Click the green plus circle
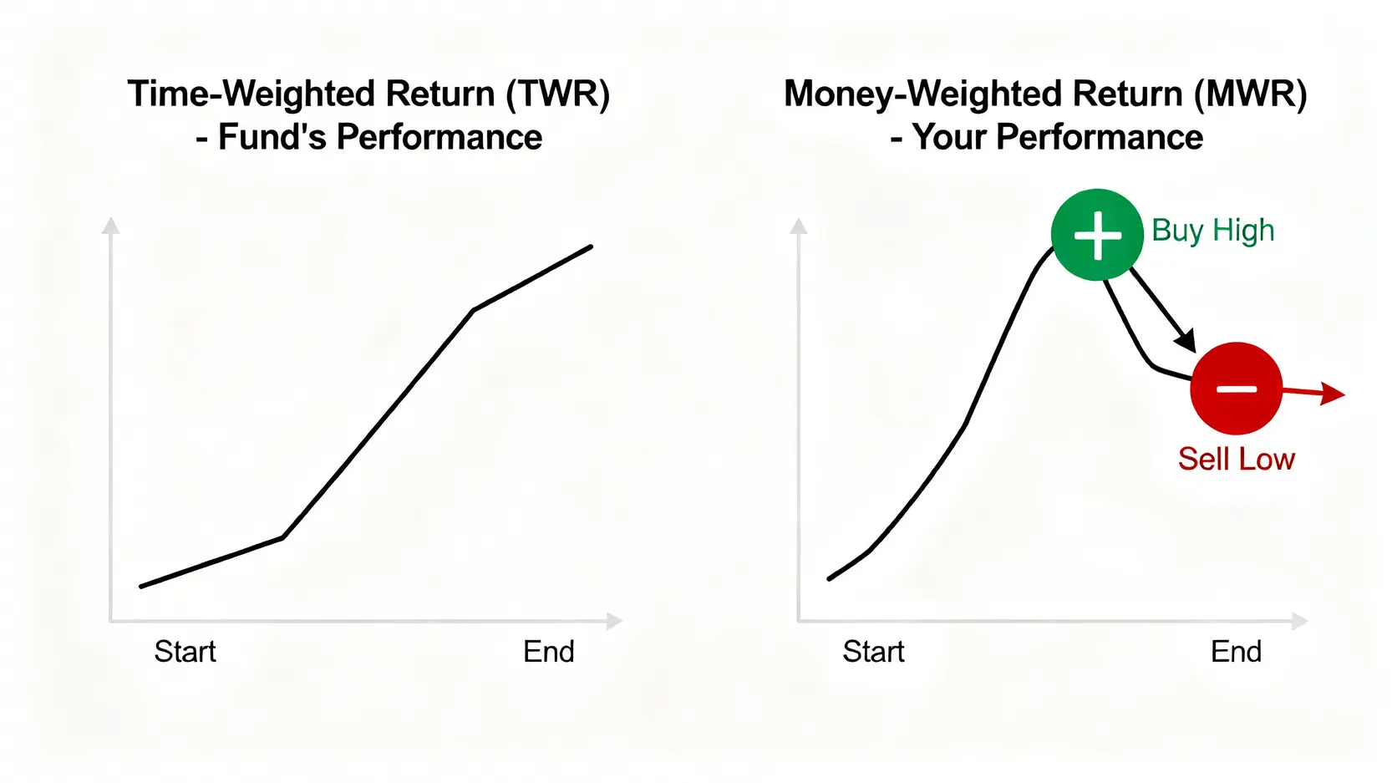tap(1097, 235)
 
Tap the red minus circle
tap(1237, 389)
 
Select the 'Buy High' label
tap(1213, 230)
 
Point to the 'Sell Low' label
tap(1237, 460)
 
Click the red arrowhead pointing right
tap(1333, 394)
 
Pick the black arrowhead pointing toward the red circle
tap(1186, 341)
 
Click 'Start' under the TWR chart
tap(185, 652)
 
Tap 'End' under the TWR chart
tap(549, 652)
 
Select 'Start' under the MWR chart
tap(874, 652)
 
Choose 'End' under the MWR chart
tap(1237, 652)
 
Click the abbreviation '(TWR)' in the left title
tap(557, 94)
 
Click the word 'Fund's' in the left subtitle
tap(272, 137)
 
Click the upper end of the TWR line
tap(591, 247)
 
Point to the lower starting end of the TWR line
tap(142, 586)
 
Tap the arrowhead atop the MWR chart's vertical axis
tap(799, 226)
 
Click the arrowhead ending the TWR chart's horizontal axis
tap(615, 621)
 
